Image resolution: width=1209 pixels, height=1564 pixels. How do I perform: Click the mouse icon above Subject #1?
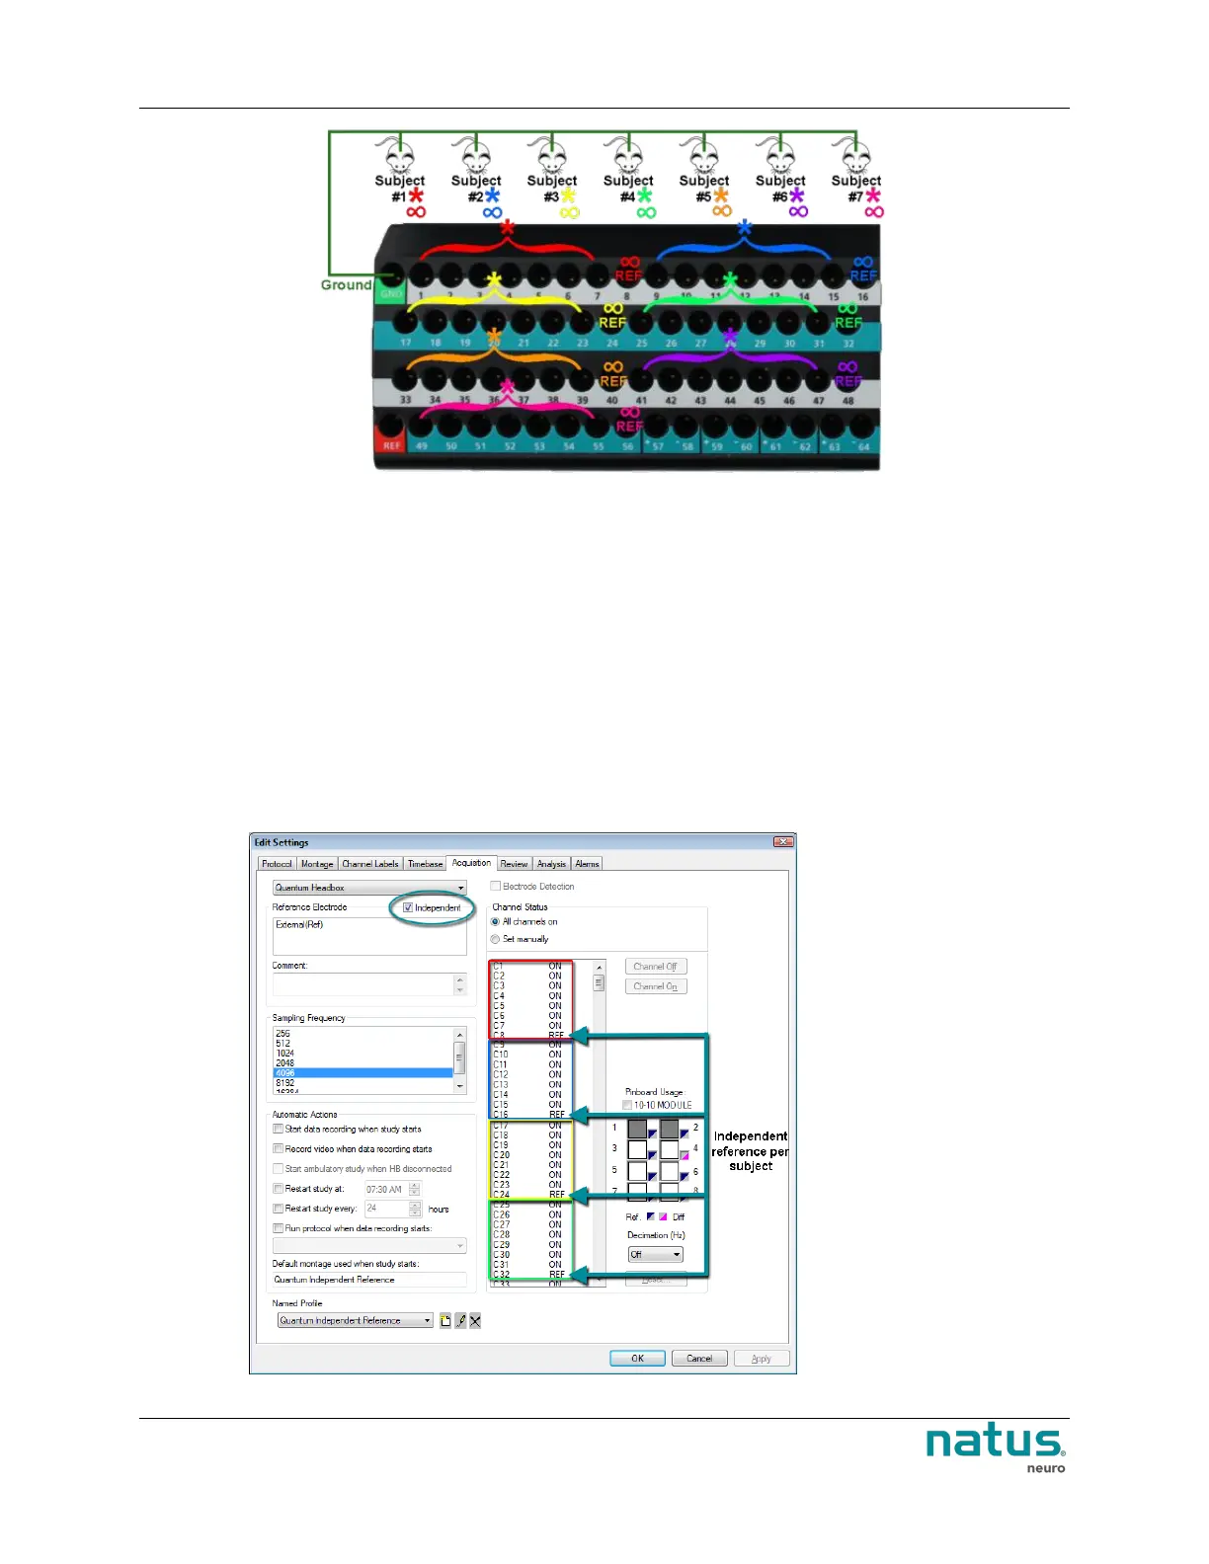[x=399, y=156]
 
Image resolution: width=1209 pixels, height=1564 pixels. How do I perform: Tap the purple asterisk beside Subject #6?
[x=796, y=196]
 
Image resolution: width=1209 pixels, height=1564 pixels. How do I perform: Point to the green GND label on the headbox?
[x=391, y=294]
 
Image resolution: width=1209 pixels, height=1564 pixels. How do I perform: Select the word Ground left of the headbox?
[x=346, y=285]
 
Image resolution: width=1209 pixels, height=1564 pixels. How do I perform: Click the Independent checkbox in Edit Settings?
[x=408, y=907]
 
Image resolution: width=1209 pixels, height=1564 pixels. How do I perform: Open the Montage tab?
[x=317, y=864]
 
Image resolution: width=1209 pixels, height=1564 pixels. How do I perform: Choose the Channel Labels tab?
[x=370, y=864]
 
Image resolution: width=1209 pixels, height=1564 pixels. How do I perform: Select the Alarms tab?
[x=588, y=864]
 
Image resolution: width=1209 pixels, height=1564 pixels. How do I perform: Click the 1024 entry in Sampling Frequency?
[x=285, y=1054]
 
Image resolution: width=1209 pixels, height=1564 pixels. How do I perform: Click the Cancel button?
[x=699, y=1359]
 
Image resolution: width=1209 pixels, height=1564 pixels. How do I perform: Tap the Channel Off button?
[x=655, y=967]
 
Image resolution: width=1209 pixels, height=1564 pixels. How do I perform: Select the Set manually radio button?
[x=496, y=939]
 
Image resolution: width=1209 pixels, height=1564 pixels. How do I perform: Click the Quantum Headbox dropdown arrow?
[x=460, y=888]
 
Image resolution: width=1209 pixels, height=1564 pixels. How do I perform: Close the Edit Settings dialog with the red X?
[x=783, y=842]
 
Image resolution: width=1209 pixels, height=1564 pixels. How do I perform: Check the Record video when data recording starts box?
[x=279, y=1149]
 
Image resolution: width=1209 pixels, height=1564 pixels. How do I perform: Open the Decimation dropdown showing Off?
[x=677, y=1255]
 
